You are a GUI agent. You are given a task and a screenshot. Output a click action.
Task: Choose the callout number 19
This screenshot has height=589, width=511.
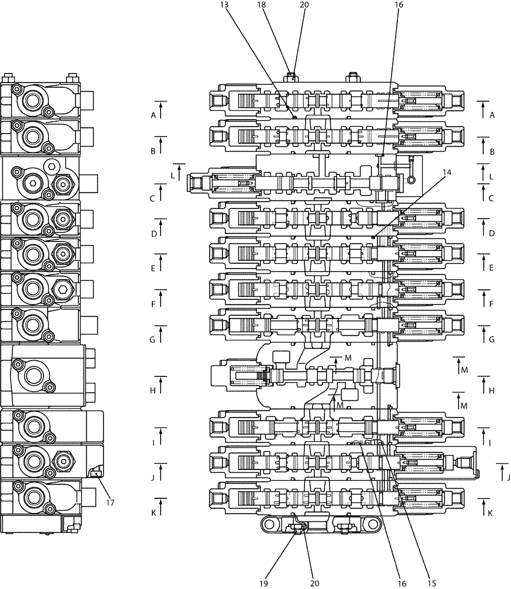click(264, 583)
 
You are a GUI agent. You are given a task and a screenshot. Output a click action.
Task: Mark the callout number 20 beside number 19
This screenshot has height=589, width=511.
click(314, 583)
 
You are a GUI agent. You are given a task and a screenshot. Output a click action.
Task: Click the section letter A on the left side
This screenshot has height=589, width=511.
click(153, 115)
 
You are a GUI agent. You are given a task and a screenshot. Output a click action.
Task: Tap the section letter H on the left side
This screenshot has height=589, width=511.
click(153, 391)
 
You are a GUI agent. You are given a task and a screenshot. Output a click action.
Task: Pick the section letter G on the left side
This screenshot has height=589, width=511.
click(153, 340)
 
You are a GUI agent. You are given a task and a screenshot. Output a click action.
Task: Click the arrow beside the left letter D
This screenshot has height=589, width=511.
click(161, 227)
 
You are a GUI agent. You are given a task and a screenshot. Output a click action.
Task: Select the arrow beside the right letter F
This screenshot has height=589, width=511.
click(484, 298)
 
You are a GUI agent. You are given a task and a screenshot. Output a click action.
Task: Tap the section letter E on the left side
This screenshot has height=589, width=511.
click(153, 269)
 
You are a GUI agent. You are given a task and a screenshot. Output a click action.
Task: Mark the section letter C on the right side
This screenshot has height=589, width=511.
click(492, 198)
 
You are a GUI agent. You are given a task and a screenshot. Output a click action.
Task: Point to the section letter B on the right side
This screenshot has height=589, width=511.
click(492, 151)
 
